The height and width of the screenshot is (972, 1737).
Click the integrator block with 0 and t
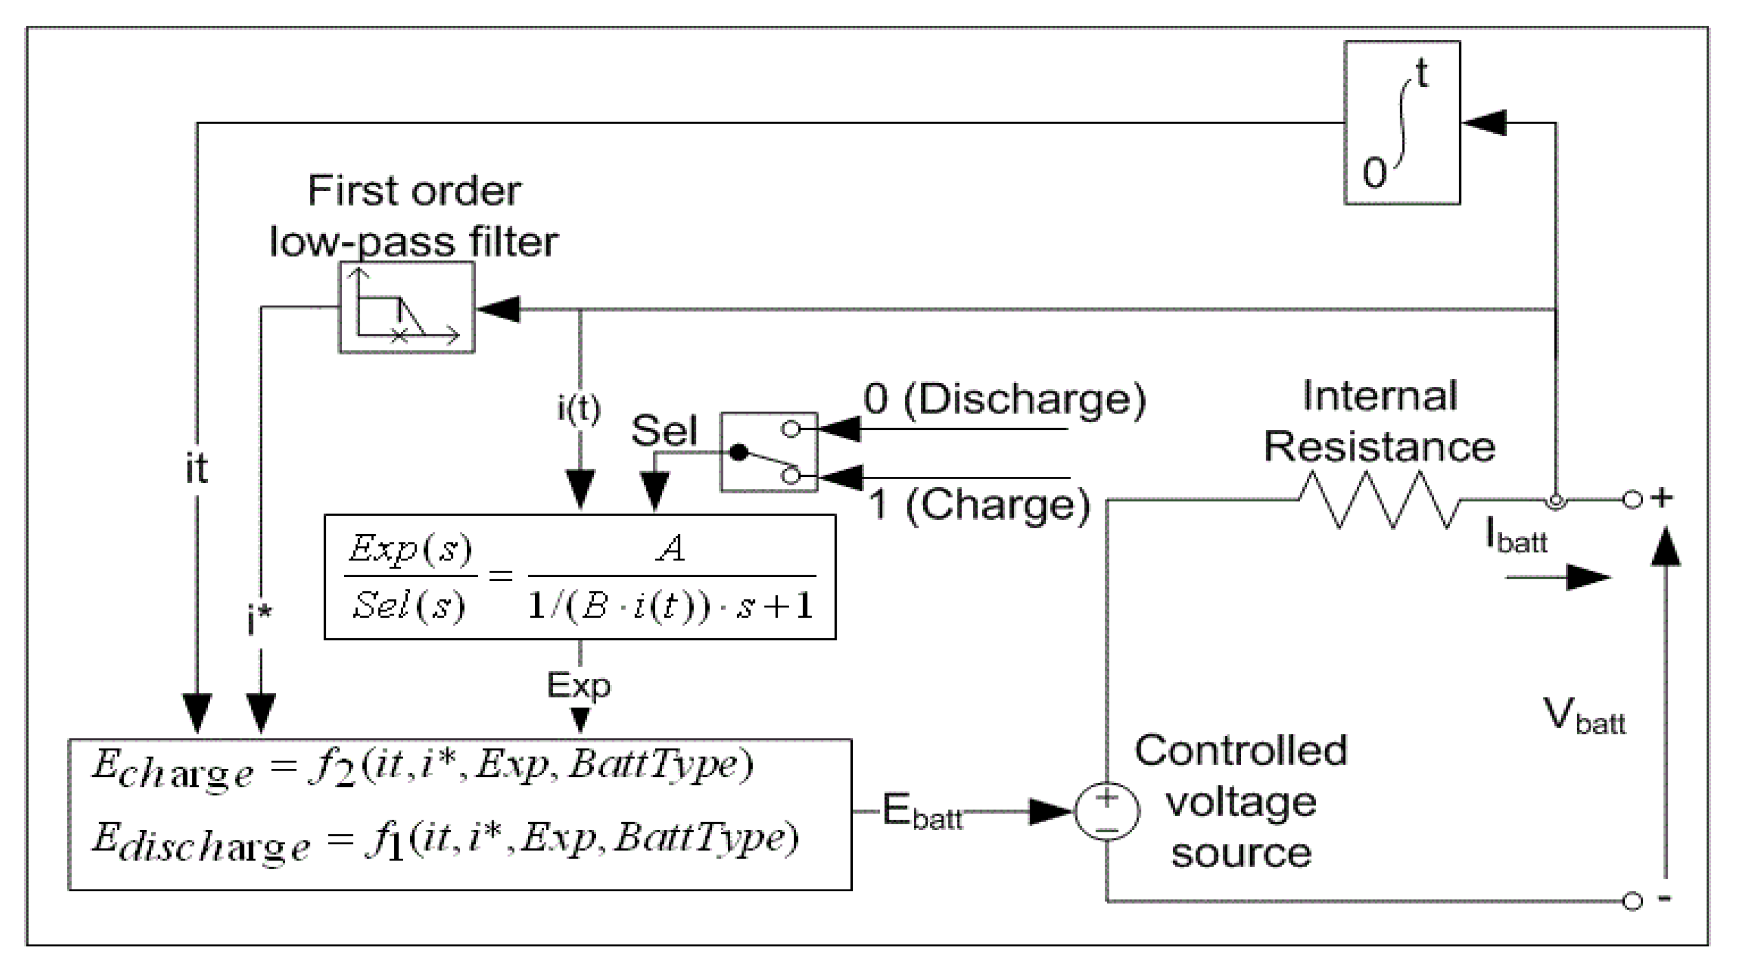[1402, 123]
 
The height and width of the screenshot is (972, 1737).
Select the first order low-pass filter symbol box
[407, 307]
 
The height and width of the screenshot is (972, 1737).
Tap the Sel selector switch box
[769, 452]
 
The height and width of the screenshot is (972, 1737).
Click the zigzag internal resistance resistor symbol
[1379, 500]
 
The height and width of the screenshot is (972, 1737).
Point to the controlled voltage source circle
[1106, 812]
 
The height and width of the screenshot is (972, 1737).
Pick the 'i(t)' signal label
[578, 408]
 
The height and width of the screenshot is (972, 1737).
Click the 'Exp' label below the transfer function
[578, 686]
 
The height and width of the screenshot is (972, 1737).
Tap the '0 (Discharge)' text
[1005, 399]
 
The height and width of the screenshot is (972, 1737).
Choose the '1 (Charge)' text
[979, 504]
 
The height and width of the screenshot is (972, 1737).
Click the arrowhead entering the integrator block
[1483, 123]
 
